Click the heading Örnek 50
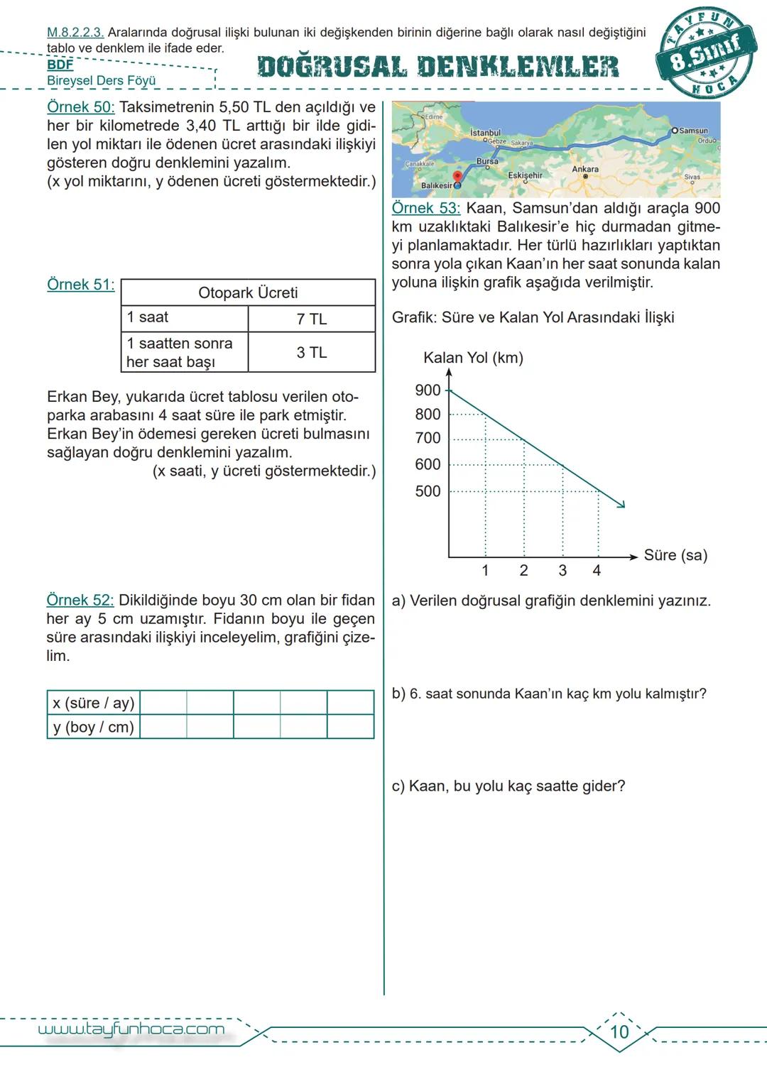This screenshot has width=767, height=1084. point(80,108)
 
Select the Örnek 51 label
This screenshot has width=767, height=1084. point(80,285)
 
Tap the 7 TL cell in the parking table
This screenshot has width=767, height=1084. point(311,319)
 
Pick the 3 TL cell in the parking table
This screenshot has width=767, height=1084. point(311,352)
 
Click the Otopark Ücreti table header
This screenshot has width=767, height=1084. point(248,292)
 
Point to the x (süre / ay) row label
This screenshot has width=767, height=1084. point(93,703)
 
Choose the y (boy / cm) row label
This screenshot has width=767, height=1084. point(93,727)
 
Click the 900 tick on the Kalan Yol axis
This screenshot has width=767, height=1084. point(428,390)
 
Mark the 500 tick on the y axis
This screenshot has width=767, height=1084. point(428,491)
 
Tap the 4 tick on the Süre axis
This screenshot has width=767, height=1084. point(597,571)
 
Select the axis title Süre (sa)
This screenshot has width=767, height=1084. point(675,555)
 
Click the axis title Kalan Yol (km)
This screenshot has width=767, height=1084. point(473,358)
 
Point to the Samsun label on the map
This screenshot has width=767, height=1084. point(692,131)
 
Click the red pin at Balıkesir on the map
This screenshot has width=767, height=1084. point(457,177)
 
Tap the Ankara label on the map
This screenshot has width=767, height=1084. point(585,169)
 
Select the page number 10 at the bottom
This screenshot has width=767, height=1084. point(619,1031)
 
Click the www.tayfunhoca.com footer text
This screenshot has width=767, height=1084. point(131,1029)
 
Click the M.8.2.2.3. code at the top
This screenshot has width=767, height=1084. point(75,33)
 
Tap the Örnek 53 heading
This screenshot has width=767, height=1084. point(425,209)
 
